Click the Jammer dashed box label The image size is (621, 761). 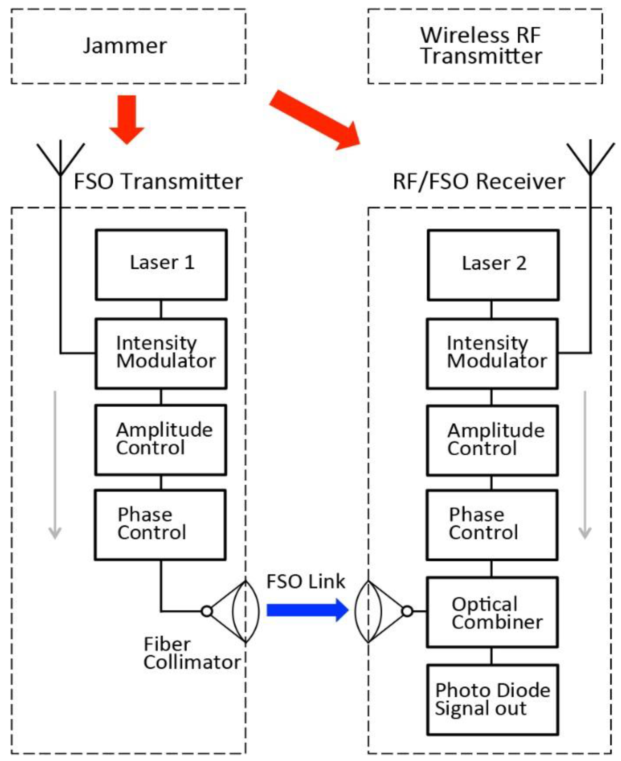[125, 46]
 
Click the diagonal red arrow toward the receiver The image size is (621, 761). [315, 120]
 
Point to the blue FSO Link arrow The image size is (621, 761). [307, 610]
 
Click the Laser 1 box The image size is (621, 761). [161, 264]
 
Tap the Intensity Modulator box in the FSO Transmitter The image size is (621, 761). [161, 353]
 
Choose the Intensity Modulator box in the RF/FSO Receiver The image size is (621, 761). [492, 353]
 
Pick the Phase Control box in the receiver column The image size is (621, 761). [492, 524]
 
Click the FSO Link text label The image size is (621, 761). [306, 581]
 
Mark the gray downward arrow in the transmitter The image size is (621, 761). [55, 465]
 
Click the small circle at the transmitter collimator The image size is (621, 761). [207, 611]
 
